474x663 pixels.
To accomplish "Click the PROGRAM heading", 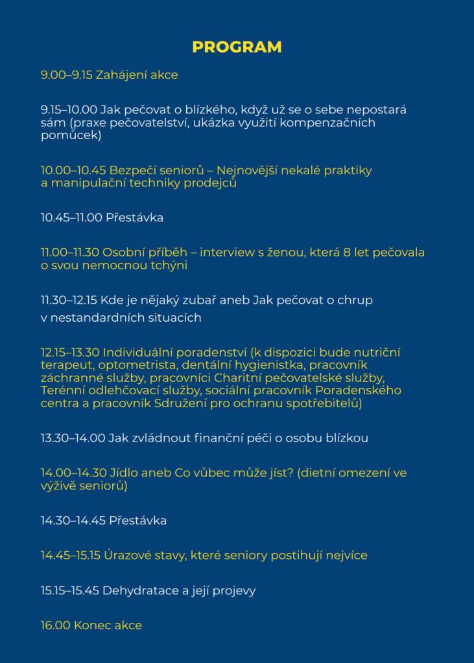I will coord(237,47).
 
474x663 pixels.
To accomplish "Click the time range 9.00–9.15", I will coord(66,75).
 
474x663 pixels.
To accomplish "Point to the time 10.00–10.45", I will coord(73,170).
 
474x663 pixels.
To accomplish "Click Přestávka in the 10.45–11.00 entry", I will coord(134,218).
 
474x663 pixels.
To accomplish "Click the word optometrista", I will coord(135,365).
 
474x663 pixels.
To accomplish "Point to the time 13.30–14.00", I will coord(73,438).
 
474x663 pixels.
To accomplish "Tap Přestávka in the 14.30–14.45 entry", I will coord(137,521).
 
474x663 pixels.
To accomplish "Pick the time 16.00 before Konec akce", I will coord(55,625).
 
